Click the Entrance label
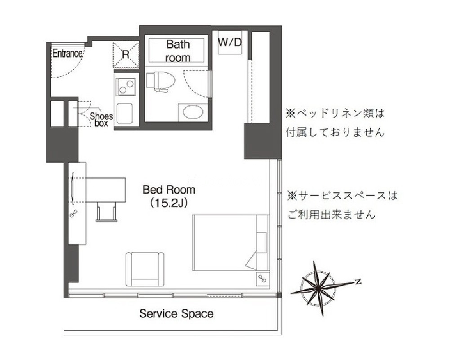pos(67,53)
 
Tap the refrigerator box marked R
pos(126,55)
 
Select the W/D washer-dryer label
pos(230,42)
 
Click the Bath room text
pos(178,51)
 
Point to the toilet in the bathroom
pos(160,81)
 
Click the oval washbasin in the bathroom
pos(193,112)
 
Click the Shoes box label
pos(101,120)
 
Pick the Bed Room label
pos(169,190)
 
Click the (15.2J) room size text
pos(169,203)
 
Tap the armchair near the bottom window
pos(145,269)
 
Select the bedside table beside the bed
pos(262,278)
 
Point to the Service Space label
pos(176,313)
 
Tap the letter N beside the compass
pos(357,282)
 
